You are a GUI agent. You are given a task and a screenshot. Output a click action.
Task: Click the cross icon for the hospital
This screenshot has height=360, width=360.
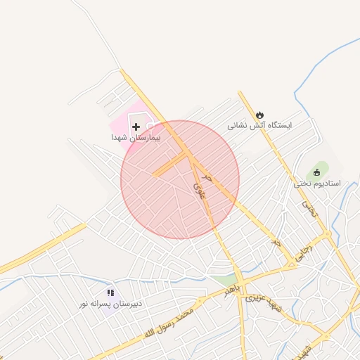[x=136, y=126]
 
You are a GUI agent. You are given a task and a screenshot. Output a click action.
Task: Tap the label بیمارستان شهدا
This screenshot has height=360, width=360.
[x=136, y=139]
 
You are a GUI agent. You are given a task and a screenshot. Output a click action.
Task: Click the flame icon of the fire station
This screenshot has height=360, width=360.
[x=260, y=114]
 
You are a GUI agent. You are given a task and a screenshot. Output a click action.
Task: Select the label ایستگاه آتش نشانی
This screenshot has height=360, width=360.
[x=259, y=127]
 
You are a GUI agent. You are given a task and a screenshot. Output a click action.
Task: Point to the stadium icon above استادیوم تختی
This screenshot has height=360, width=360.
[x=317, y=172]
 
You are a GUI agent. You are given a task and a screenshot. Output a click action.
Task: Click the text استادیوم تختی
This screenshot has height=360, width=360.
[x=317, y=184]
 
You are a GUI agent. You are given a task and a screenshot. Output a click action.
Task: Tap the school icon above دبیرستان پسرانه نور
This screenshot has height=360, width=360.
[x=110, y=292]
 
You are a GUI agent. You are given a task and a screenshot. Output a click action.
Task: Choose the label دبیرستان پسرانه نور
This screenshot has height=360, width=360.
[x=110, y=304]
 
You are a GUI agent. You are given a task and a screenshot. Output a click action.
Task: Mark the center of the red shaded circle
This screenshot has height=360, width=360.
[x=180, y=179]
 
